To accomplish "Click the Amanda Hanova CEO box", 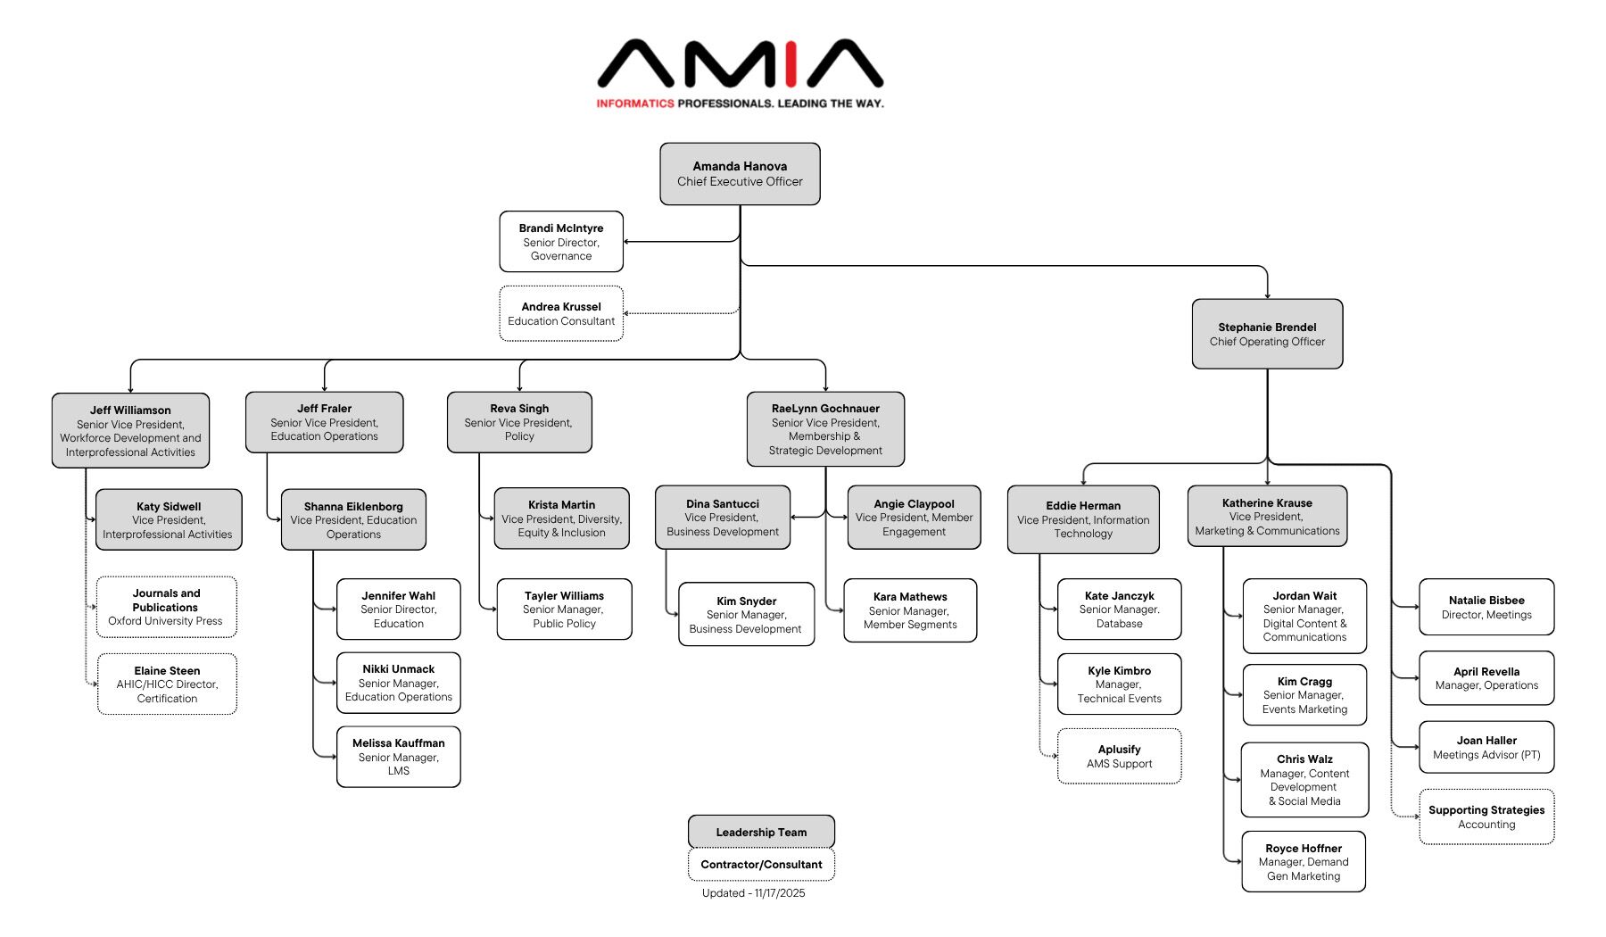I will [740, 174].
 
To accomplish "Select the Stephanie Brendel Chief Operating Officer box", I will [1267, 334].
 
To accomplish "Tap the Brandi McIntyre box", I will [561, 242].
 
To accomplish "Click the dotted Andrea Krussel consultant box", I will [561, 313].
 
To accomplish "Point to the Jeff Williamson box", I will [130, 431].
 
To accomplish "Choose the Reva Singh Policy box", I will [519, 422].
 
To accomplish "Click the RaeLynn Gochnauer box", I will [825, 429].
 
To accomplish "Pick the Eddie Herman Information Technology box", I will [1083, 519].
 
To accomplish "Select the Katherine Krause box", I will [1267, 517].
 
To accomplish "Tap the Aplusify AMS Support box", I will [1119, 756].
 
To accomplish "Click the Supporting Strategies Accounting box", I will [1486, 817].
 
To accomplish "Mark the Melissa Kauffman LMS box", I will [399, 757].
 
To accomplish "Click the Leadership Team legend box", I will [761, 832].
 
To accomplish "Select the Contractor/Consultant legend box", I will [761, 864].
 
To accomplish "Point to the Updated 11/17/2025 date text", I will [753, 892].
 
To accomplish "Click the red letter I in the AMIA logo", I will [791, 64].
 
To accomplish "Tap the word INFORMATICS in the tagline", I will [635, 104].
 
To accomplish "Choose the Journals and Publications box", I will [166, 607].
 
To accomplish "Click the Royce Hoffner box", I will [1304, 862].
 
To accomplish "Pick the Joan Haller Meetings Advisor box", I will [1486, 747].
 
